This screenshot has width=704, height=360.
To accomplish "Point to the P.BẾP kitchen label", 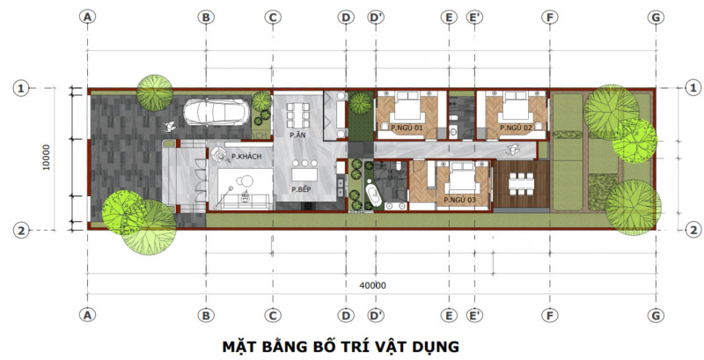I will pos(301,189).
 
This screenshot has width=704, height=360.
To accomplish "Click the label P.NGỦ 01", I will pos(407,129).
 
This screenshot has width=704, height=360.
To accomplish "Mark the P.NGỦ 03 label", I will pos(460,201).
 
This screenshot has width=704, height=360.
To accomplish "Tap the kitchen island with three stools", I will pos(304,173).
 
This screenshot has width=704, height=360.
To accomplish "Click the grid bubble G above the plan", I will pos(655,17).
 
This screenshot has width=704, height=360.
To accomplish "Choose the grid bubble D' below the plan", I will pos(376,314).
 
